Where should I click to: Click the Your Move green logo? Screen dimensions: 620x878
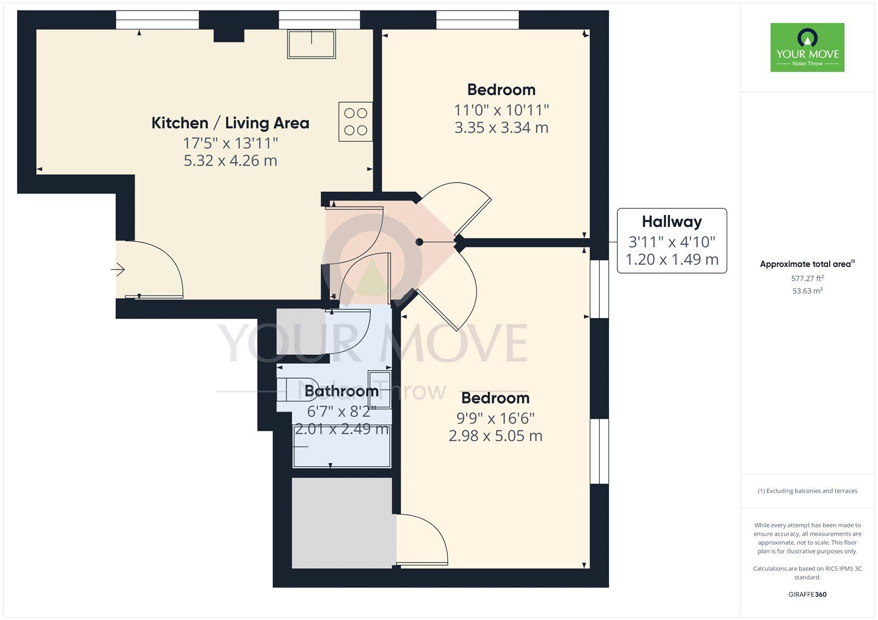pyautogui.click(x=807, y=47)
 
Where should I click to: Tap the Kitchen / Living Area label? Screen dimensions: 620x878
pyautogui.click(x=230, y=123)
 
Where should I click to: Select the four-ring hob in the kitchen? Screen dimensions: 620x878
pyautogui.click(x=355, y=122)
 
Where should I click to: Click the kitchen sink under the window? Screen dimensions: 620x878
pyautogui.click(x=311, y=44)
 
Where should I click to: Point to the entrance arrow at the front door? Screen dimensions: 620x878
pyautogui.click(x=118, y=269)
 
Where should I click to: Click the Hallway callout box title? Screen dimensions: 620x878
pyautogui.click(x=672, y=221)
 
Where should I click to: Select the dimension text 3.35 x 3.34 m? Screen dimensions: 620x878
pyautogui.click(x=501, y=128)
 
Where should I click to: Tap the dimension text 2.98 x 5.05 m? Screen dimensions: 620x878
pyautogui.click(x=495, y=436)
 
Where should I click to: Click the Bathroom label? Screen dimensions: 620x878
pyautogui.click(x=341, y=391)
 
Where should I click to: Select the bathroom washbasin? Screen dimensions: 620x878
pyautogui.click(x=379, y=389)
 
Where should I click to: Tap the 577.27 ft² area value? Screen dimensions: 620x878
pyautogui.click(x=807, y=278)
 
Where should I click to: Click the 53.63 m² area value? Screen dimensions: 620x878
pyautogui.click(x=807, y=291)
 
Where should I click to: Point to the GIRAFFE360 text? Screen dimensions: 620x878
pyautogui.click(x=807, y=594)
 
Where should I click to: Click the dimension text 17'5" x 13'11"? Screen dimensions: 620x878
pyautogui.click(x=230, y=143)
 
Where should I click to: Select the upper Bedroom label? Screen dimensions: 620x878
pyautogui.click(x=501, y=89)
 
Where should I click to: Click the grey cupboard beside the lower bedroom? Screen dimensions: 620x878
pyautogui.click(x=341, y=522)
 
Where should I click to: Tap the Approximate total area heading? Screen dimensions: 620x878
pyautogui.click(x=806, y=264)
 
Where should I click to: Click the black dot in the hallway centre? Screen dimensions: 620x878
pyautogui.click(x=419, y=242)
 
